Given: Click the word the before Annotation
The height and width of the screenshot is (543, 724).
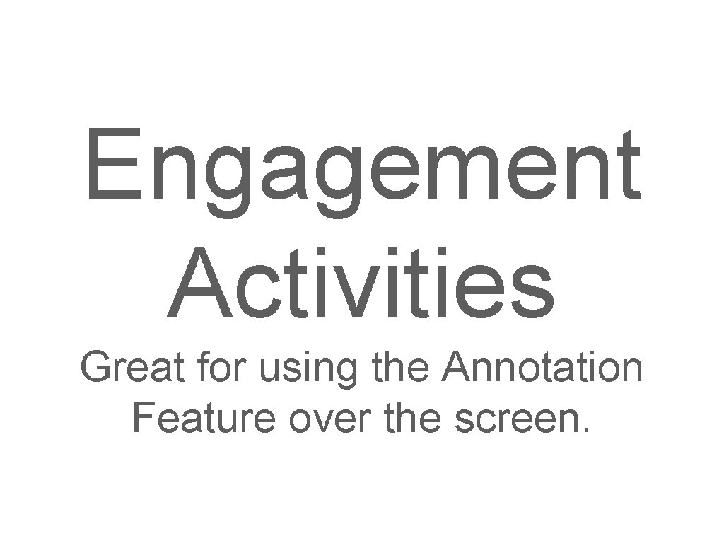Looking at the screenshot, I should (399, 368).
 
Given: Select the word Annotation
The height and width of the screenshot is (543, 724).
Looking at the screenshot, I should (541, 368).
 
